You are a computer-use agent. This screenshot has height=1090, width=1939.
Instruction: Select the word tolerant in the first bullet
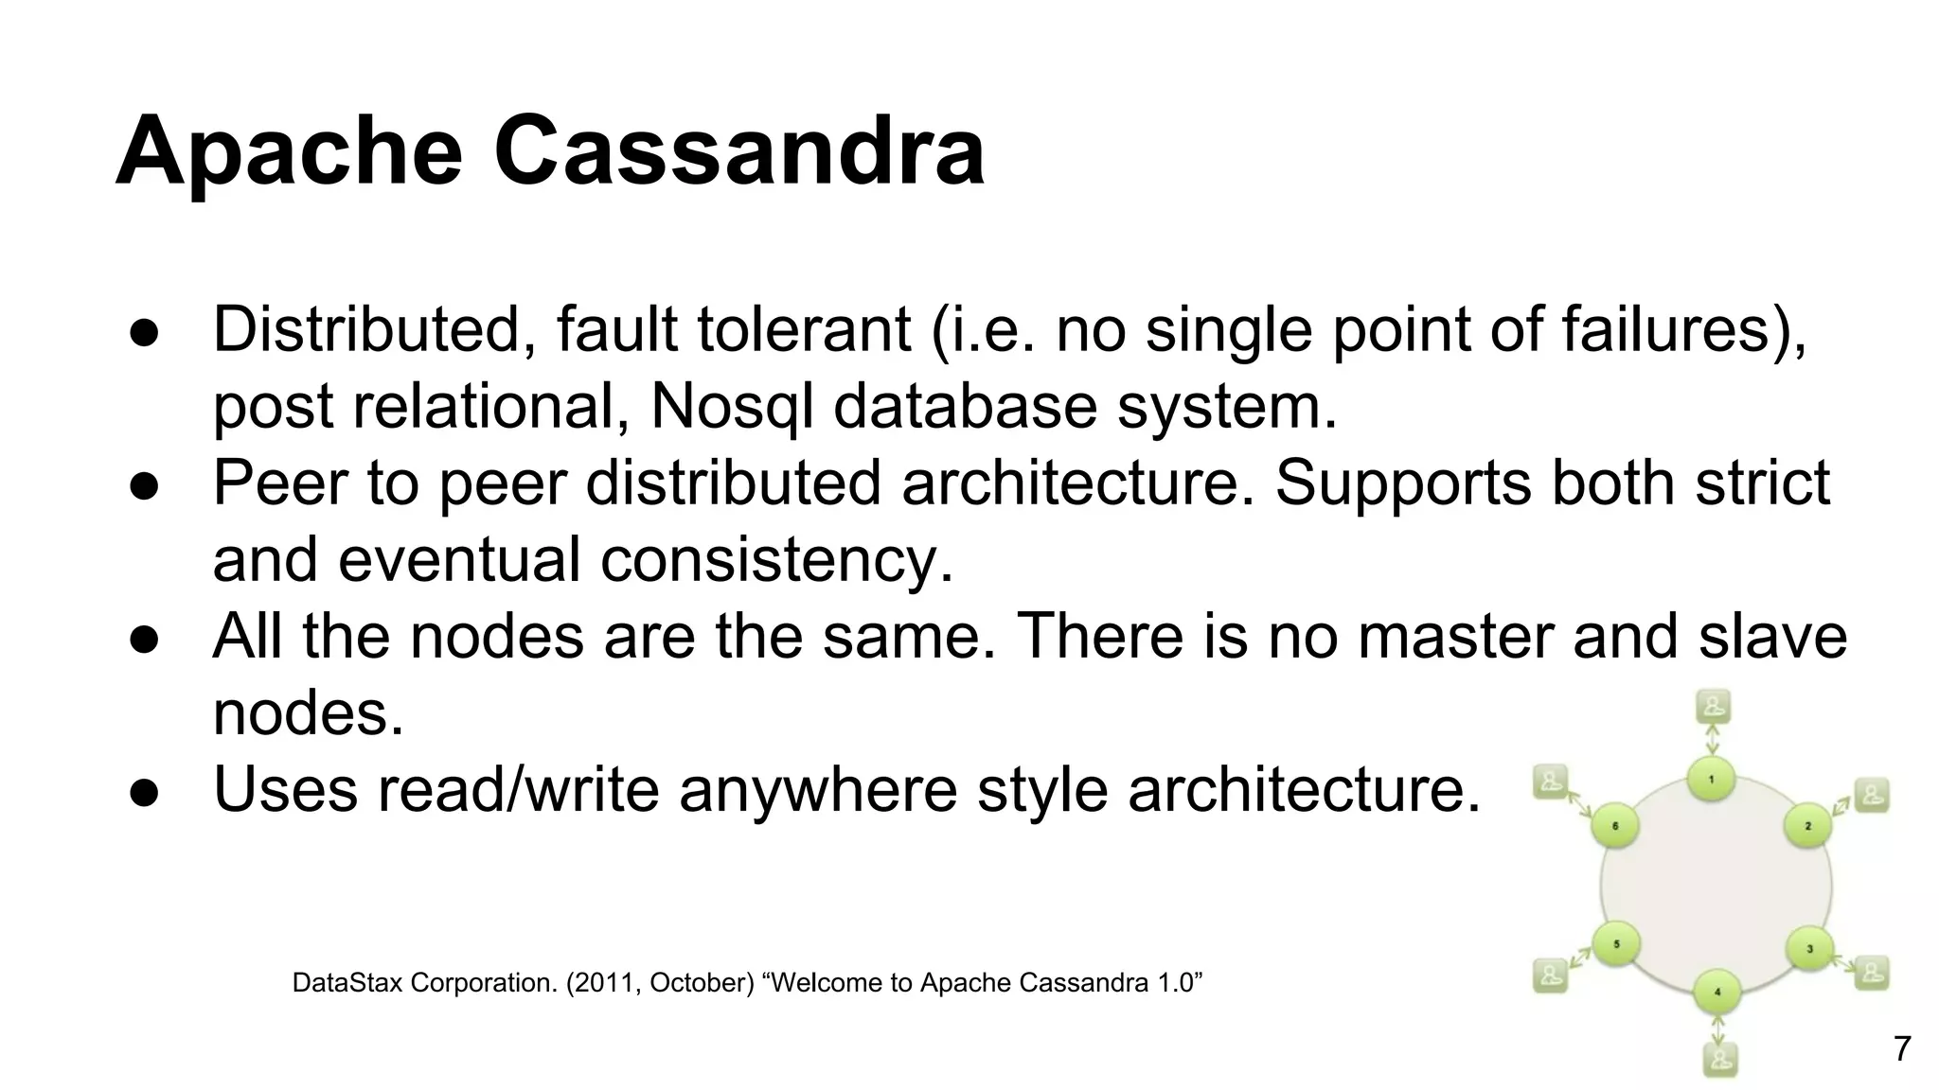pyautogui.click(x=804, y=330)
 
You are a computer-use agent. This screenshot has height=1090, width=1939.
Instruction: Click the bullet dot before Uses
pyautogui.click(x=143, y=791)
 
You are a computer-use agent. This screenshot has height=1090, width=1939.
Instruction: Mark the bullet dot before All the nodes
pyautogui.click(x=143, y=638)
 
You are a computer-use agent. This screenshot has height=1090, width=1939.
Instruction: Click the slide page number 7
pyautogui.click(x=1901, y=1049)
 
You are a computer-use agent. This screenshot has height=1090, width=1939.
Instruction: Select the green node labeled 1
pyautogui.click(x=1711, y=780)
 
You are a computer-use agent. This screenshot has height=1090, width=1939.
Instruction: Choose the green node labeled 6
pyautogui.click(x=1615, y=826)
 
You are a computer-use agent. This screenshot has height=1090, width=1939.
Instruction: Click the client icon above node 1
pyautogui.click(x=1714, y=706)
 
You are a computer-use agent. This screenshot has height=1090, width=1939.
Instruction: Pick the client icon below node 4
pyautogui.click(x=1719, y=1059)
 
